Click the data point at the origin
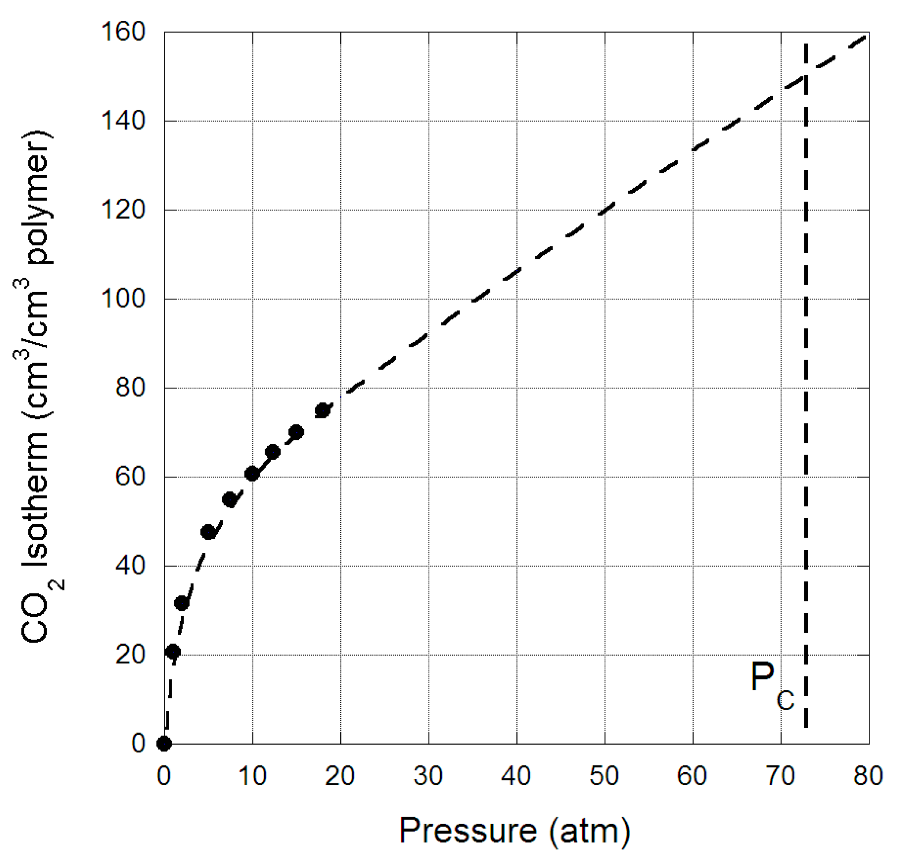(164, 744)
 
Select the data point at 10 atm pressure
(252, 474)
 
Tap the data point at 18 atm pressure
(323, 410)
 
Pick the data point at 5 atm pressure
(208, 532)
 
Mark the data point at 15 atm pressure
(296, 432)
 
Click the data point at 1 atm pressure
(173, 652)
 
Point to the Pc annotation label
(772, 685)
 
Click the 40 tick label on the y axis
(130, 566)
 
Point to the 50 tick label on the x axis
(604, 776)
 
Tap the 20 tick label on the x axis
(340, 776)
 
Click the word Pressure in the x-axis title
(468, 830)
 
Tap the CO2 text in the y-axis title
(37, 612)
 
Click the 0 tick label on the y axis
(138, 744)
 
